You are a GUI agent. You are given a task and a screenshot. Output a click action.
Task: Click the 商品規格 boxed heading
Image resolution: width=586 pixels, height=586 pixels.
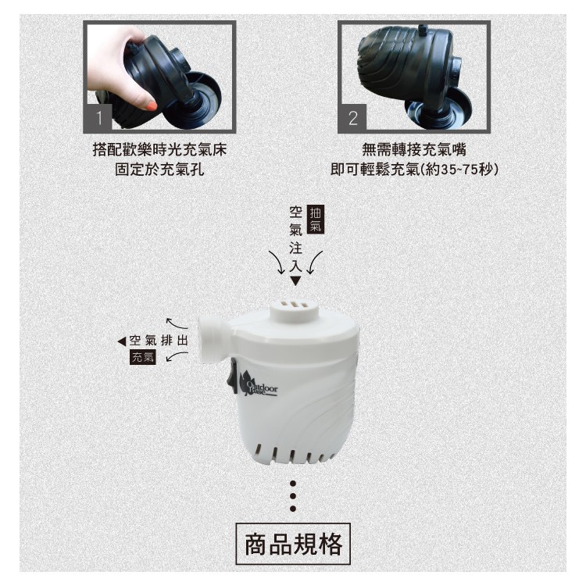click(293, 543)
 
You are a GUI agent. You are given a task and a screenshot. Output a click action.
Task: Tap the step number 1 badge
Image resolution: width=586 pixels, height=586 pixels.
click(99, 117)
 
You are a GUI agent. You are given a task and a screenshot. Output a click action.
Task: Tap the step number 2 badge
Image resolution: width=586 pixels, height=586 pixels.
click(353, 118)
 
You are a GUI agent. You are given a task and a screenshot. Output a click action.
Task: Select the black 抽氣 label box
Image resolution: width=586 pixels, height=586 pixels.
click(316, 220)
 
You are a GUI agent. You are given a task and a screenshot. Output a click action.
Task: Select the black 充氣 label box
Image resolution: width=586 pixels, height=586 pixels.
click(142, 357)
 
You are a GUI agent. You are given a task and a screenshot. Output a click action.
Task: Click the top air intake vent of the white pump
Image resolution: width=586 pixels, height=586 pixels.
click(295, 308)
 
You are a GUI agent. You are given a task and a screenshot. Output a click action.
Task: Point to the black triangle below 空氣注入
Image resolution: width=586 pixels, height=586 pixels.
click(295, 281)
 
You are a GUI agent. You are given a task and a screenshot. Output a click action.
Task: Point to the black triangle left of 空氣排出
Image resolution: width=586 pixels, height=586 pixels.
click(122, 341)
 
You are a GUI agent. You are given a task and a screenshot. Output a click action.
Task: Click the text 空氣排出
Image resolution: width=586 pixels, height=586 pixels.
click(159, 341)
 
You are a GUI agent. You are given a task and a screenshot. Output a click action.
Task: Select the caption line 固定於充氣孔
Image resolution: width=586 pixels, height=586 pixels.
click(159, 170)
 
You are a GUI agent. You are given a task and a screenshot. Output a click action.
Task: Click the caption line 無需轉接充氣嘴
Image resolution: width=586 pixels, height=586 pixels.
click(414, 150)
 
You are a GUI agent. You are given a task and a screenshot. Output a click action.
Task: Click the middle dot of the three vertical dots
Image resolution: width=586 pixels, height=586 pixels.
click(293, 496)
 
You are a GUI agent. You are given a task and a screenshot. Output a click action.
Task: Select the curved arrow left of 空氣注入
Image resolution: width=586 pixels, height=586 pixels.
click(276, 263)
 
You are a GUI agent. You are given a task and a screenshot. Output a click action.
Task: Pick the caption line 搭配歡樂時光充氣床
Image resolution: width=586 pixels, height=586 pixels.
click(159, 150)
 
